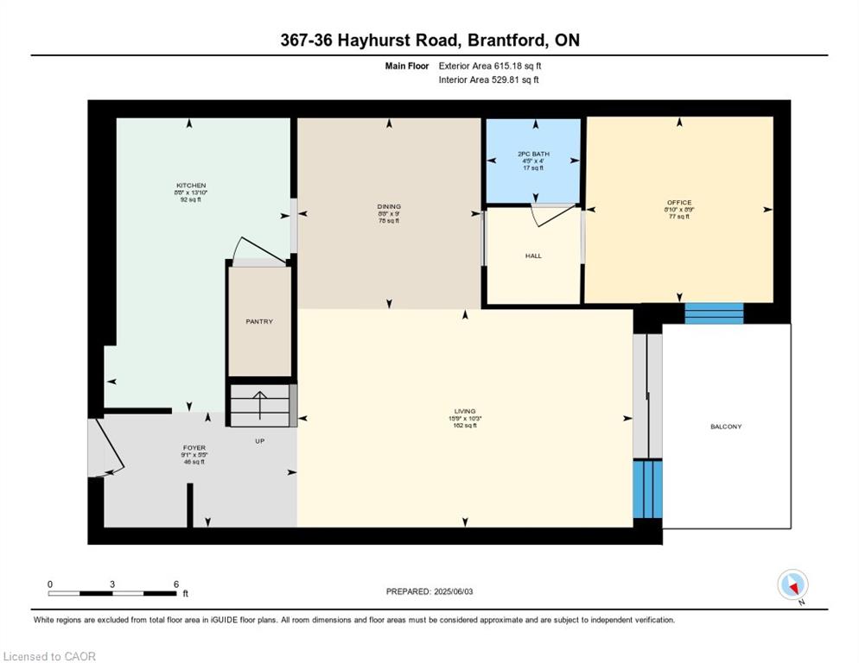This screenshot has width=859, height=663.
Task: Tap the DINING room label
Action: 389,206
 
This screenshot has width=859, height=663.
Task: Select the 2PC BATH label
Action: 533,155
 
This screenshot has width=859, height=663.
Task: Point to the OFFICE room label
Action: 679,203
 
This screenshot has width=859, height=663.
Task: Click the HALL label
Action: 533,256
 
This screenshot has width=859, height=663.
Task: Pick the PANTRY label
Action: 259,322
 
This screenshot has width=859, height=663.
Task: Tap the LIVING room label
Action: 465,411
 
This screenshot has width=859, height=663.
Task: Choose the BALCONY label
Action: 726,426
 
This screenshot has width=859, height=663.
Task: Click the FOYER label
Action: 194,448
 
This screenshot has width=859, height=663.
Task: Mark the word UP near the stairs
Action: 259,441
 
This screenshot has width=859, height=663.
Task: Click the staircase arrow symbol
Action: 260,403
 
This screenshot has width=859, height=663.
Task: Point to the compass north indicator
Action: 792,584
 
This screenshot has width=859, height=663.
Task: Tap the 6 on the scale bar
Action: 176,584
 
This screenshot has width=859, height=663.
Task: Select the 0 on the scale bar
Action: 50,584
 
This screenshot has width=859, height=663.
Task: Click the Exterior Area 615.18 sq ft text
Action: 490,66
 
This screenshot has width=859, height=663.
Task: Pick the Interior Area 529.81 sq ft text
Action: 489,80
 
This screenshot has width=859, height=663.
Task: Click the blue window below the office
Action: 714,313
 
